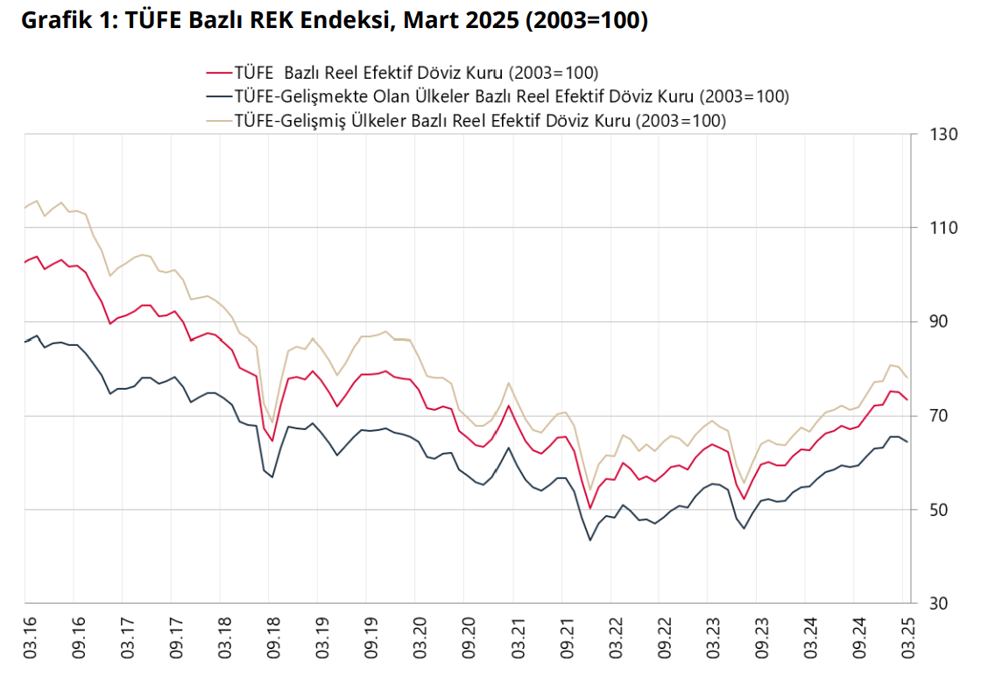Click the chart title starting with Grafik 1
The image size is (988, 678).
coord(334,21)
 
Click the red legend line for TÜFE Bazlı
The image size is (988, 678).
coord(217,73)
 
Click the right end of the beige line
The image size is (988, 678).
coord(907,378)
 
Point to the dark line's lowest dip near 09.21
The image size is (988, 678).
coord(590,540)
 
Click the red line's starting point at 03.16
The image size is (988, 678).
coord(25,262)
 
